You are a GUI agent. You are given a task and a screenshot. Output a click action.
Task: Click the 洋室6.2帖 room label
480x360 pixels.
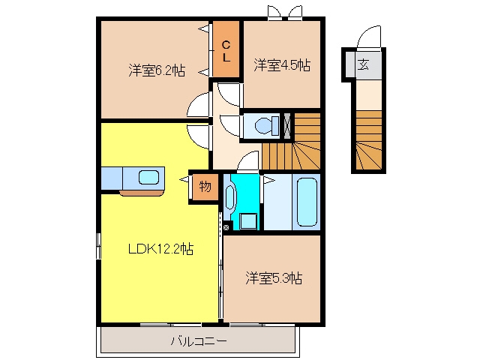pyautogui.click(x=157, y=70)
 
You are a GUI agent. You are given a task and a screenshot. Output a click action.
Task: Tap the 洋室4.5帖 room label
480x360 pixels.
pyautogui.click(x=282, y=65)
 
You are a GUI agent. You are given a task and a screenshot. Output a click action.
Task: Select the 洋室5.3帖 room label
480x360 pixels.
pyautogui.click(x=274, y=278)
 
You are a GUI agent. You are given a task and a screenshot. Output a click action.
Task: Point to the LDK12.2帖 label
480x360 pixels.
pyautogui.click(x=160, y=249)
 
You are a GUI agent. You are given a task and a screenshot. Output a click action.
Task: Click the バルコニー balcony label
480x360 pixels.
pyautogui.click(x=199, y=341)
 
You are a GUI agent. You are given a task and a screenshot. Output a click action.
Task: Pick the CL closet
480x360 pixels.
pyautogui.click(x=226, y=49)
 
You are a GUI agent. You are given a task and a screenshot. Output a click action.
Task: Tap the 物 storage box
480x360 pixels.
pyautogui.click(x=205, y=187)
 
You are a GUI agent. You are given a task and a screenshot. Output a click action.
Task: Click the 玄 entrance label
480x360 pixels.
pyautogui.click(x=363, y=64)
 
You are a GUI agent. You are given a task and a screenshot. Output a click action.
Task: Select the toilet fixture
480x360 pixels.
pyautogui.click(x=266, y=125)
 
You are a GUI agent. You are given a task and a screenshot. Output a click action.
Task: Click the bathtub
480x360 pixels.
pyautogui.click(x=306, y=202)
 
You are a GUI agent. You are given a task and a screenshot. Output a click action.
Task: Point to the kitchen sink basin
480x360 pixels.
pyautogui.click(x=148, y=178)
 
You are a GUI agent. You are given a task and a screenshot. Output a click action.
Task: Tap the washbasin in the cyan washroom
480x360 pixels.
pyautogui.click(x=229, y=196)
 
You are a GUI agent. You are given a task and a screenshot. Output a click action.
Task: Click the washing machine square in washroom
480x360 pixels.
pyautogui.click(x=248, y=221)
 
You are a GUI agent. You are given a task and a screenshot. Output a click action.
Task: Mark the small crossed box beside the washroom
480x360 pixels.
pyautogui.click(x=226, y=227)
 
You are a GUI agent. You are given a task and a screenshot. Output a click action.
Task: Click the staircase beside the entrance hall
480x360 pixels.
pyautogui.click(x=369, y=140)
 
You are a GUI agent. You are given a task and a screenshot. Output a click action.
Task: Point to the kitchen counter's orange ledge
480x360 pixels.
pyautogui.click(x=142, y=193)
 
